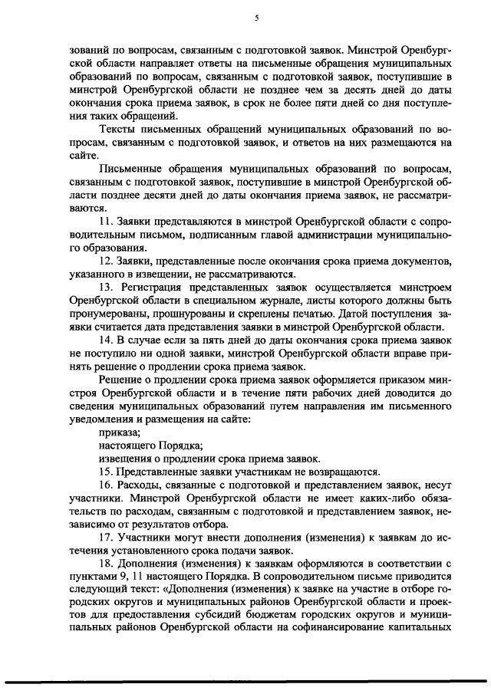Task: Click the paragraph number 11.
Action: click(106, 221)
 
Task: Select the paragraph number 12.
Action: click(106, 262)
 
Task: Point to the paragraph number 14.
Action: click(106, 340)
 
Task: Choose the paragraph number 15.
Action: click(106, 471)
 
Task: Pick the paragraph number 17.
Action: click(106, 537)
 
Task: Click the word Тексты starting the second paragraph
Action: click(117, 130)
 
